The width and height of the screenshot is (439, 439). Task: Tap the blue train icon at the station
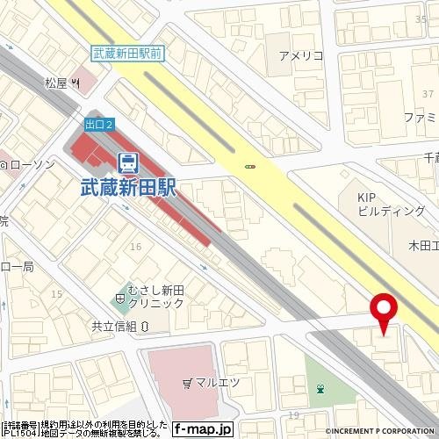pos(128,161)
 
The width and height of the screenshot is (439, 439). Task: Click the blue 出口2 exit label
pos(98,126)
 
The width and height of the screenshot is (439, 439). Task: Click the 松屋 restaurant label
pos(57,84)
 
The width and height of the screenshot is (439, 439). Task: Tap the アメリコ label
pos(300,56)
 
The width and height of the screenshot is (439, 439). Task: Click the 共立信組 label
pos(114,326)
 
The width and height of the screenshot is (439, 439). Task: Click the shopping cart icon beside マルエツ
pos(187,383)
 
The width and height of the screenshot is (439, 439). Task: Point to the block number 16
pos(135,247)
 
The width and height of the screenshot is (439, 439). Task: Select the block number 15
pos(57,293)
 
